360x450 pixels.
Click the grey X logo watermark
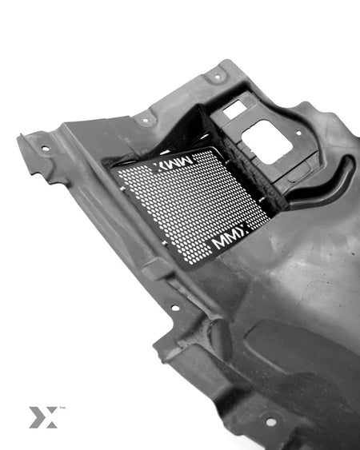pos(43,417)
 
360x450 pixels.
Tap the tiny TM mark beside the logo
pos(62,408)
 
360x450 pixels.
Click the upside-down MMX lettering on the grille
pos(173,164)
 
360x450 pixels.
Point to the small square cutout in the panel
pos(235,110)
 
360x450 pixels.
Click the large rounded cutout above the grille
pos(266,142)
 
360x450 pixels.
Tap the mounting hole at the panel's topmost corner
pos(218,77)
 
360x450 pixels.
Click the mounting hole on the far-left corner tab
pos(46,149)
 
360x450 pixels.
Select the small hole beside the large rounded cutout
pos(299,133)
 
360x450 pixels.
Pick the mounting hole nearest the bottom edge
pos(271,422)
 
